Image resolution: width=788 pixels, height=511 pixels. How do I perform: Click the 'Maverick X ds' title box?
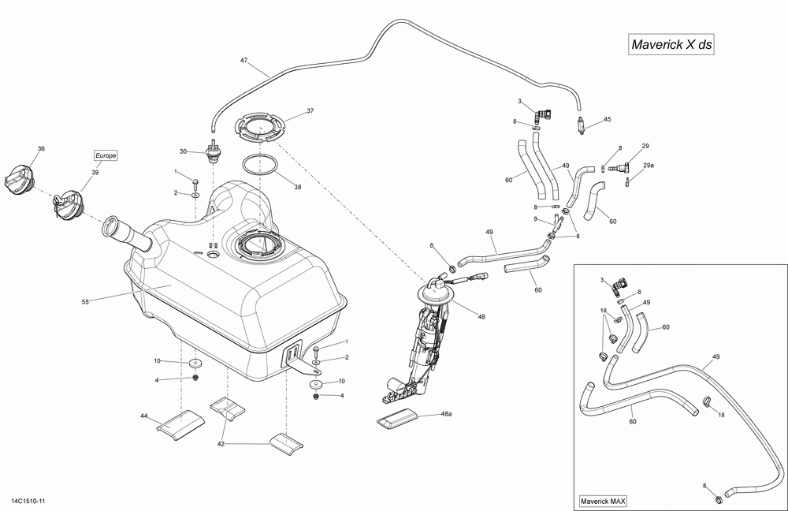click(x=671, y=44)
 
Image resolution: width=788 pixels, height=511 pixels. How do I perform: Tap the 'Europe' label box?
click(x=106, y=155)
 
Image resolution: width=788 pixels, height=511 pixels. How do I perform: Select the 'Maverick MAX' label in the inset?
click(x=603, y=501)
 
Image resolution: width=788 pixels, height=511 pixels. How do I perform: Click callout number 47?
click(x=243, y=61)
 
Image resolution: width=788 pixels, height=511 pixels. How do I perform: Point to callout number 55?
click(x=85, y=302)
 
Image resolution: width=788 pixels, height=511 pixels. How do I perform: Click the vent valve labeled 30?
click(x=214, y=151)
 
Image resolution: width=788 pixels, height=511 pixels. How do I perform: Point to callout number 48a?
click(x=446, y=414)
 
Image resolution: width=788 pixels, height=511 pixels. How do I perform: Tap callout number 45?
click(x=608, y=119)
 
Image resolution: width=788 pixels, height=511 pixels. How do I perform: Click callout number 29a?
click(x=649, y=165)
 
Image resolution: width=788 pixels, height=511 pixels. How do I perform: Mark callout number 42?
click(x=221, y=444)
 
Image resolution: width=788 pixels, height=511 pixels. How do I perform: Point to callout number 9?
click(x=536, y=218)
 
